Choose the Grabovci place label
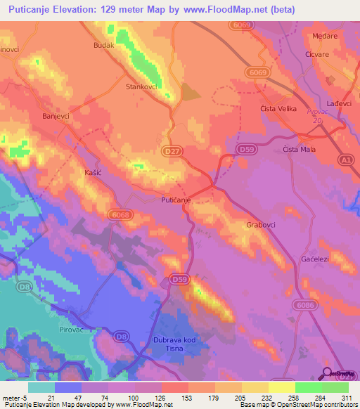pos(261,226)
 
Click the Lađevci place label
pos(338,103)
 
